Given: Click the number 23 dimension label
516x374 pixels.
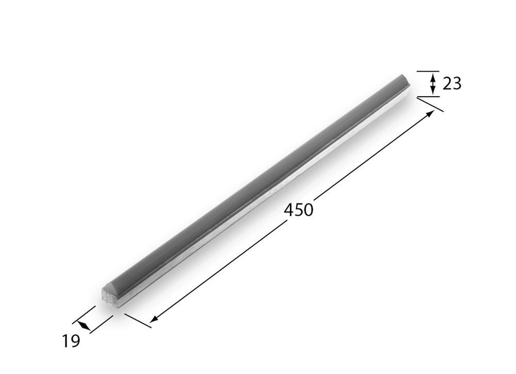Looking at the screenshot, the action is [x=452, y=83].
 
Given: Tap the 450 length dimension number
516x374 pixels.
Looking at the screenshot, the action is [x=299, y=210].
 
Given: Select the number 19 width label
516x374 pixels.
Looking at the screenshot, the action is [x=71, y=341].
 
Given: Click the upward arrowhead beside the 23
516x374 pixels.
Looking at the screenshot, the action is [x=433, y=79].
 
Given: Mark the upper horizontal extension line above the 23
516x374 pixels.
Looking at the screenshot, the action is [x=428, y=71].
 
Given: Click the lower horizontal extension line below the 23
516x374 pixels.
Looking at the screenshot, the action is [x=428, y=97].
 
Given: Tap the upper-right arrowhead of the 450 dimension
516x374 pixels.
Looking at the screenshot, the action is [x=429, y=114].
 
